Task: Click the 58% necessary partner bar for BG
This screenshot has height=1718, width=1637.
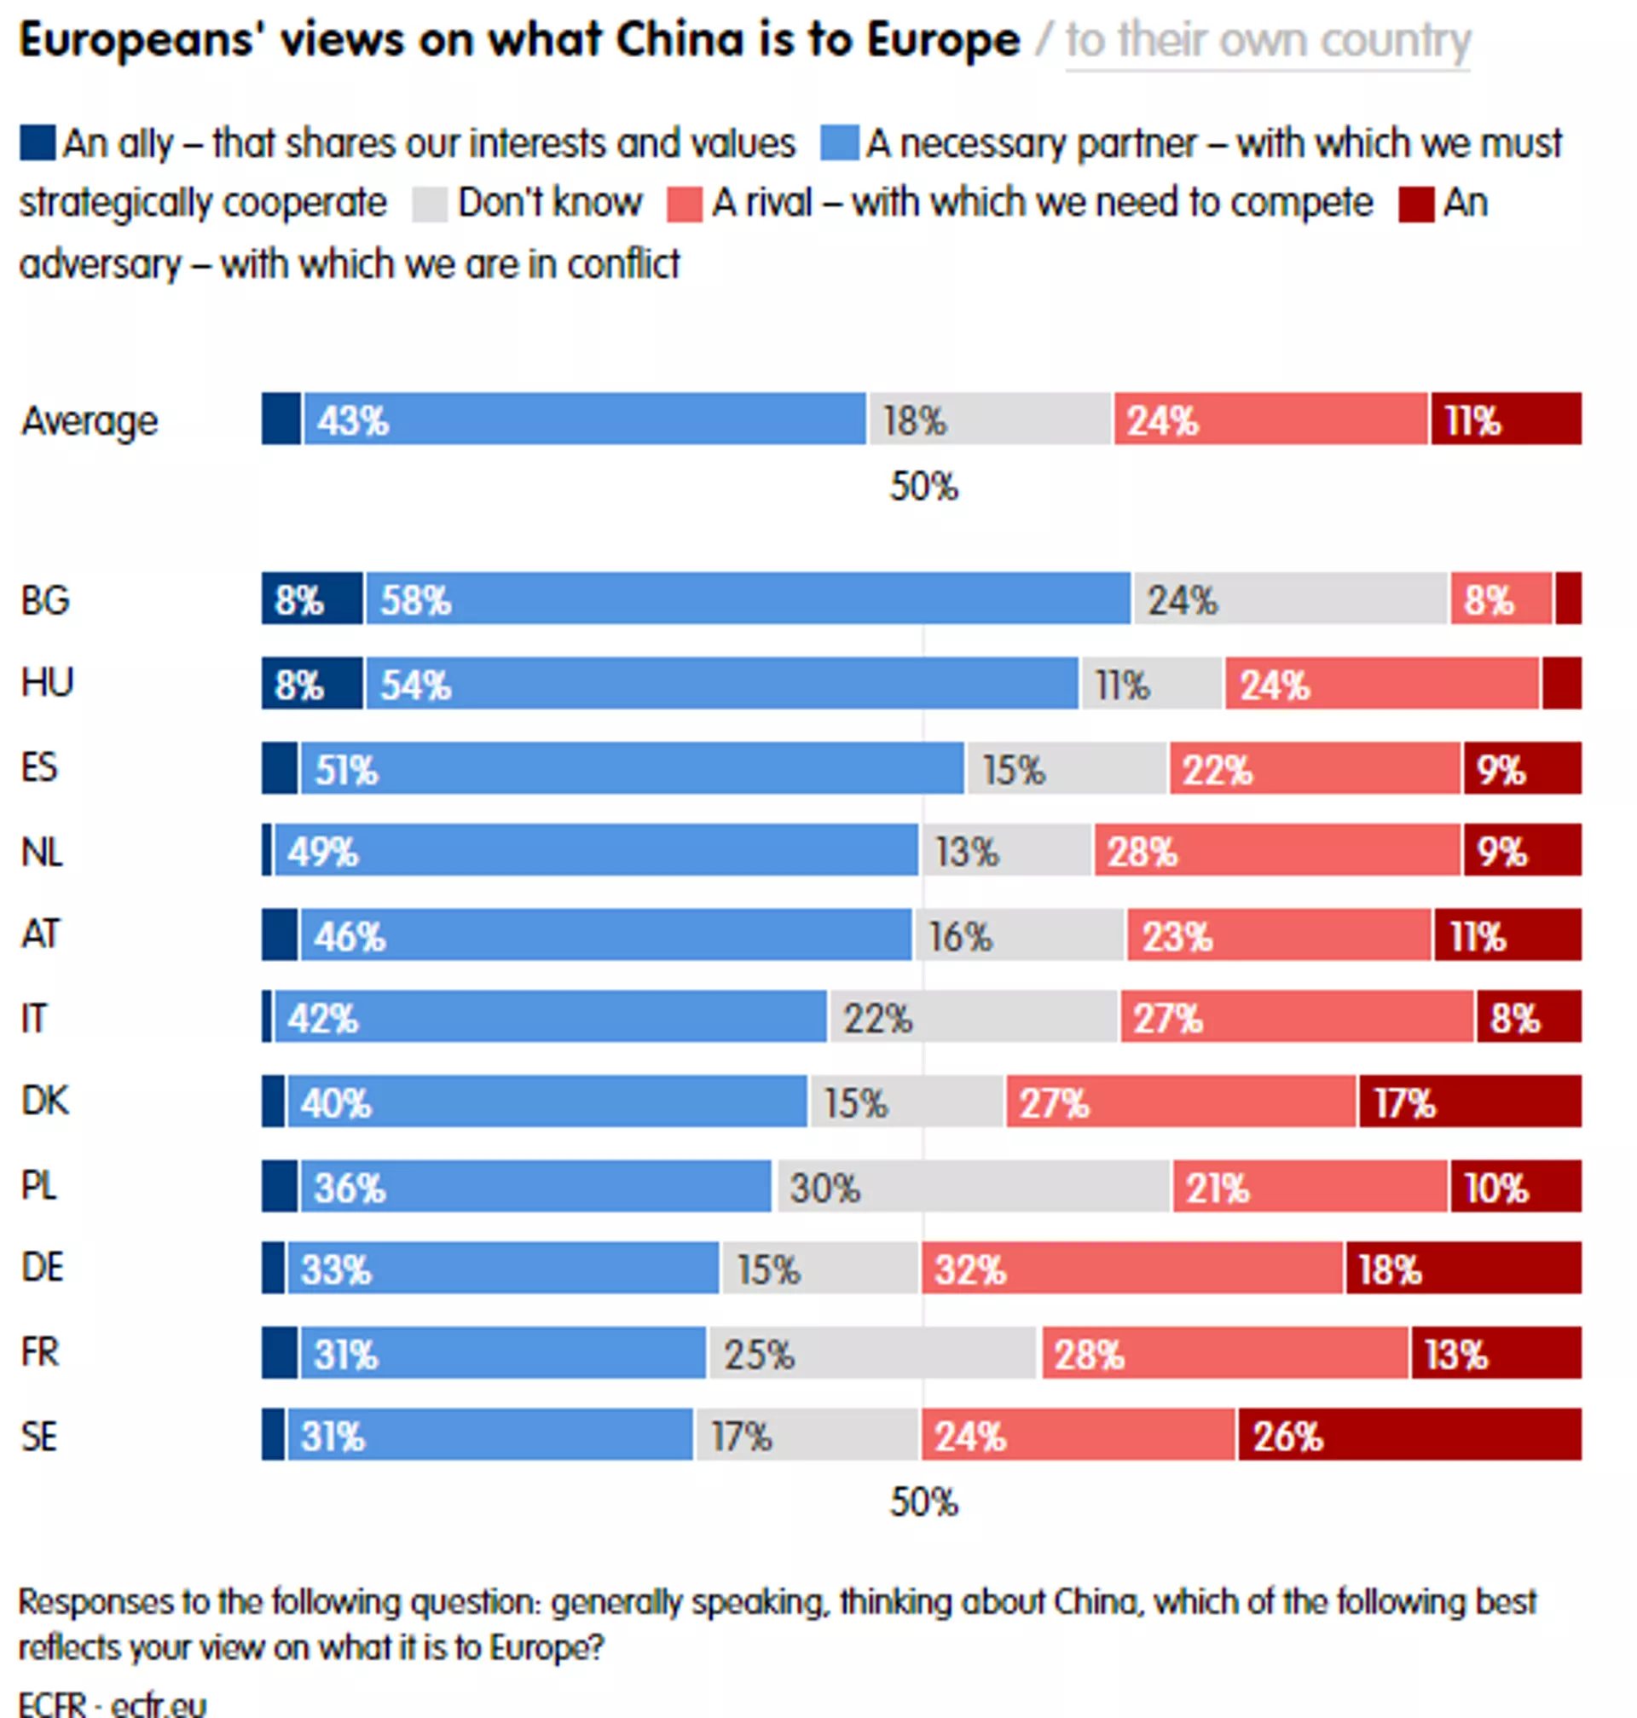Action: point(748,599)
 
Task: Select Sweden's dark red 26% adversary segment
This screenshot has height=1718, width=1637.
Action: point(1409,1434)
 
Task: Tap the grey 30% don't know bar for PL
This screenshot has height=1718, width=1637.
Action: point(971,1186)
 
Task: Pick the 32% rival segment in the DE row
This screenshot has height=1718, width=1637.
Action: point(1131,1268)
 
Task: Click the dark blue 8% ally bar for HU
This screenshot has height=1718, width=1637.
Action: point(311,683)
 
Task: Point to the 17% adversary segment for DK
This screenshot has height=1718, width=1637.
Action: point(1469,1101)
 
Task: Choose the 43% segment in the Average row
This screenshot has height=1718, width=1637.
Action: point(584,419)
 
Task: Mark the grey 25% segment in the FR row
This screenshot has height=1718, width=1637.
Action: point(871,1352)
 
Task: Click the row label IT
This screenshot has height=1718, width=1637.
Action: point(34,1017)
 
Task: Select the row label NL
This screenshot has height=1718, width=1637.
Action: point(42,851)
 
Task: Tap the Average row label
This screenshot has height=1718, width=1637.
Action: point(89,420)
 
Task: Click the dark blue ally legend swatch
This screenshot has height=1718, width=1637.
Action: point(38,143)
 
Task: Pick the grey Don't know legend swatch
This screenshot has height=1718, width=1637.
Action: point(430,204)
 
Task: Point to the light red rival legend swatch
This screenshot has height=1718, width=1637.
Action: point(684,204)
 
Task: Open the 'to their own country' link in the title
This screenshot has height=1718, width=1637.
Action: point(1267,40)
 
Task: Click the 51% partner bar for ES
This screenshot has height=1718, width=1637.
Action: point(632,768)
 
